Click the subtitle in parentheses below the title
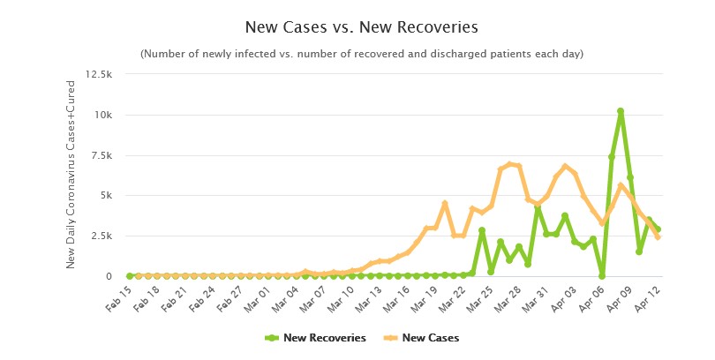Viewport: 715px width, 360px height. click(x=362, y=54)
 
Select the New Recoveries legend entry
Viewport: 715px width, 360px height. click(x=315, y=337)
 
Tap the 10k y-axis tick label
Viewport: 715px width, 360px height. click(x=101, y=116)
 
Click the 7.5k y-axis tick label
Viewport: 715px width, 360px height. click(x=99, y=155)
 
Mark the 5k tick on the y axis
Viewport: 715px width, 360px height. click(x=104, y=196)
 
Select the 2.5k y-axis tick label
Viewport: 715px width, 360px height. click(x=99, y=236)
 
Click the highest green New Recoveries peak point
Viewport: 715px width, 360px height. click(x=621, y=111)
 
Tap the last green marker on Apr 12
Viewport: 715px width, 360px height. click(x=658, y=229)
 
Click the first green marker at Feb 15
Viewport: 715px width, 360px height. click(x=130, y=276)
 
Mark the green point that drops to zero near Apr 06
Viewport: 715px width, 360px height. click(x=602, y=276)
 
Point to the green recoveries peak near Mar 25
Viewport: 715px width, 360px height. click(x=482, y=230)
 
